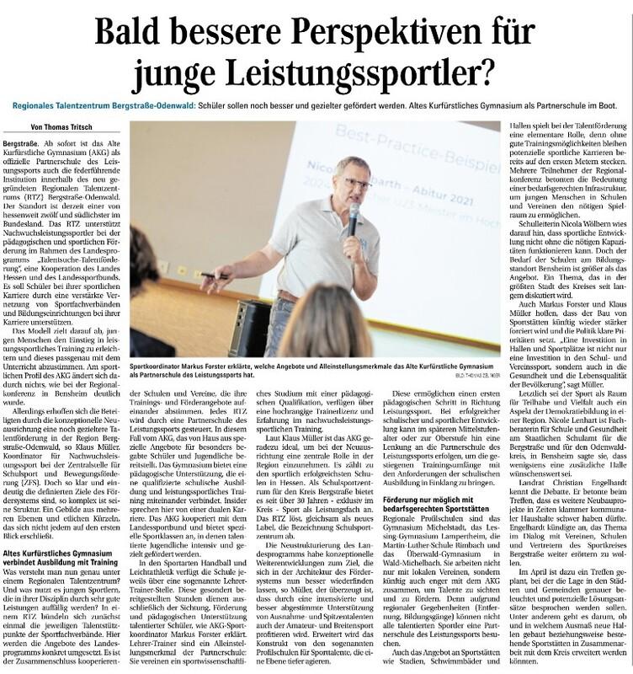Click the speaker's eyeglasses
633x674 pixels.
pyautogui.click(x=354, y=182)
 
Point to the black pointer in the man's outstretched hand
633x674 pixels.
pyautogui.click(x=215, y=275)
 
